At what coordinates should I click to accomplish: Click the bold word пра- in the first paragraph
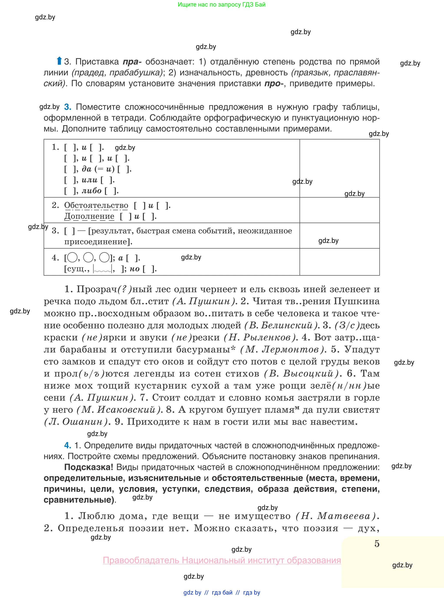point(132,62)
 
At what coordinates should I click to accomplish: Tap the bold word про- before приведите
point(274,84)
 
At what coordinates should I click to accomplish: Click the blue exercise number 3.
point(67,107)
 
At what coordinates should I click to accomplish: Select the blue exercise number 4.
point(67,445)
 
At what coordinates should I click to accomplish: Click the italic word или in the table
point(90,180)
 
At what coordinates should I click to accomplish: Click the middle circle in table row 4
point(88,258)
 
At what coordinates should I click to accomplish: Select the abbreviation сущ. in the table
point(76,269)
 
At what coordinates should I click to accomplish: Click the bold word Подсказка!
point(89,467)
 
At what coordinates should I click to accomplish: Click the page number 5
point(377,544)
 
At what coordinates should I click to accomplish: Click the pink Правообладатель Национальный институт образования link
point(222,560)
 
